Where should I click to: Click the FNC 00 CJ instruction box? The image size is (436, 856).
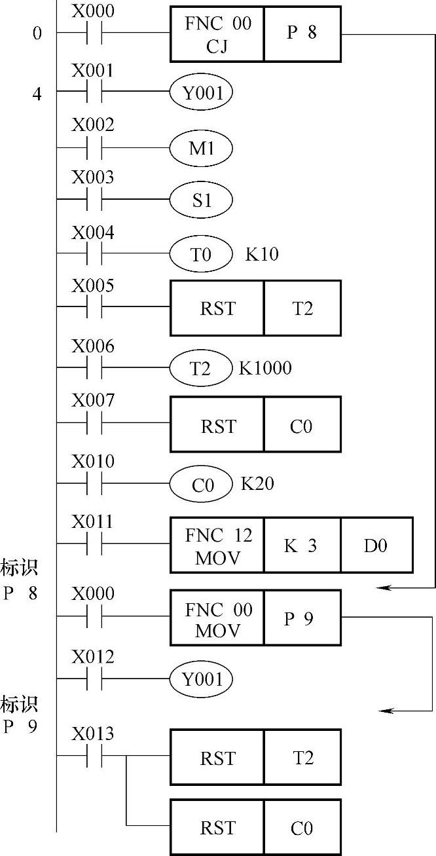click(217, 33)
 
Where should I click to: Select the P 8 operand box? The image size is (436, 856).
click(302, 33)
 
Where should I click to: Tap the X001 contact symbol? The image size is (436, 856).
click(94, 93)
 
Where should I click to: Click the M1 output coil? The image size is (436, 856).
click(202, 149)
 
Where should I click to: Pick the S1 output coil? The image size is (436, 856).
click(202, 200)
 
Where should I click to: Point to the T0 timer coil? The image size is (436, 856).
click(202, 253)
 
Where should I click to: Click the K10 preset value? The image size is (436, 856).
click(262, 254)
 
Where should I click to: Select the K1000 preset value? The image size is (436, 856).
click(265, 368)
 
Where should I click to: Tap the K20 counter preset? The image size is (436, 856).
click(258, 484)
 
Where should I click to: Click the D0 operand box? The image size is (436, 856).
click(376, 545)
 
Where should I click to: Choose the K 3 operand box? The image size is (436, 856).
click(302, 545)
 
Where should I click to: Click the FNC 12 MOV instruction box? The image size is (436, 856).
click(217, 545)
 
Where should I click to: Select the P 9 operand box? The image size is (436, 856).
click(302, 618)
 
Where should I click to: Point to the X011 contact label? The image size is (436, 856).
click(92, 523)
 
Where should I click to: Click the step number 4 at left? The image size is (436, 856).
click(37, 94)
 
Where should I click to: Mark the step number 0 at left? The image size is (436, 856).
click(37, 33)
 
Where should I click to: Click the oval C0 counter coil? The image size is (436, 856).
click(200, 485)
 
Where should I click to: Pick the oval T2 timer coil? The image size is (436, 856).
click(200, 369)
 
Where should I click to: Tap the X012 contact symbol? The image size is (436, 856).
click(94, 679)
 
